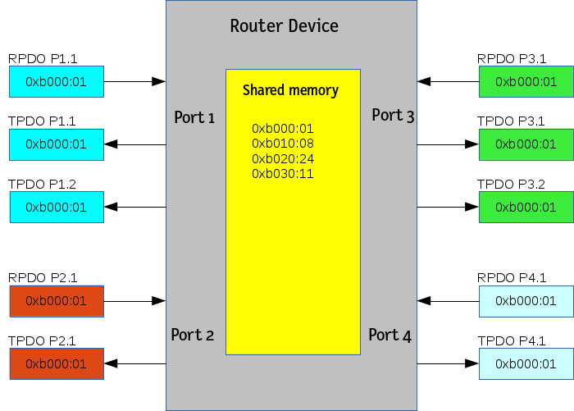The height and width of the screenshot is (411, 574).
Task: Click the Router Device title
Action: point(284,26)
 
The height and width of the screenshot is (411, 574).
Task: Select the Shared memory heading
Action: point(290,90)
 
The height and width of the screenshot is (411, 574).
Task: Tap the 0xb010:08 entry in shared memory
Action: point(283,144)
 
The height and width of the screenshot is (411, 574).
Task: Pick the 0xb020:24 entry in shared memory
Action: point(283,158)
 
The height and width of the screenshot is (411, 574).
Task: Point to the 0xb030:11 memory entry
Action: point(283,174)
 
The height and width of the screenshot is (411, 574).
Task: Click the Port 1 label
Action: point(194,118)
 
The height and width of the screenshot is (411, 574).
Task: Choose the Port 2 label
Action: point(193,335)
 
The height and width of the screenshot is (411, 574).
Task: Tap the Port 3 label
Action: point(393,116)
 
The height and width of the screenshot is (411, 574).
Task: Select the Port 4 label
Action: point(389,335)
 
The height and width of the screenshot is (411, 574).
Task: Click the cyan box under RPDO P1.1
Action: point(57,82)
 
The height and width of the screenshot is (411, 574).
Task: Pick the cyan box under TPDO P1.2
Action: point(57,207)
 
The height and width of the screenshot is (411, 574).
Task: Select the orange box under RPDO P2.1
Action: point(57,301)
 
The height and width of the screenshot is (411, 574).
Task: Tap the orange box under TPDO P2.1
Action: point(57,363)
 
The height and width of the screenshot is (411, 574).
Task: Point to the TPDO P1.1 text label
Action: point(42,121)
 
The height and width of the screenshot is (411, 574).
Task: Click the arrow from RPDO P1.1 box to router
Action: point(135,81)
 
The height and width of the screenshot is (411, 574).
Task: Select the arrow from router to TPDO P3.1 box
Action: point(448,144)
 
